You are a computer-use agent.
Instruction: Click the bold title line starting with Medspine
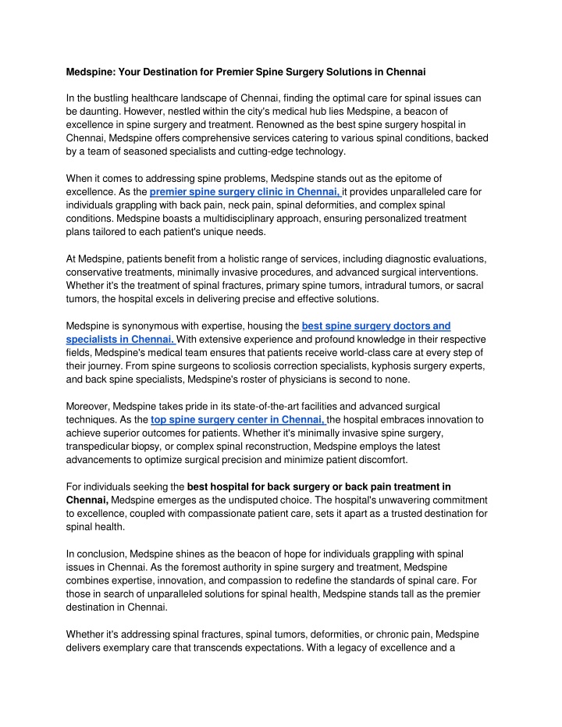(x=245, y=72)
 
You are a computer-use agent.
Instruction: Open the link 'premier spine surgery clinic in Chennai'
(x=244, y=192)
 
